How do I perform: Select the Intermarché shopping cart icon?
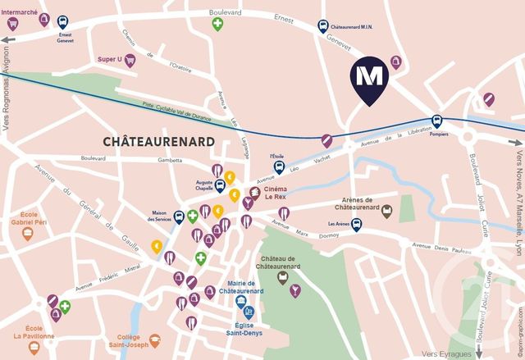coord(12,24)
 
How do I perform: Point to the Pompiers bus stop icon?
coord(438,121)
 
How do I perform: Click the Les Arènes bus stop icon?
coord(357,223)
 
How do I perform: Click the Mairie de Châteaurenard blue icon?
coord(243,301)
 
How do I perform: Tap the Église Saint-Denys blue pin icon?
coord(249,312)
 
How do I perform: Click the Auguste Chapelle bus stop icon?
coord(220,185)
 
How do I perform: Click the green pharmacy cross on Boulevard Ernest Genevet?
coord(217,25)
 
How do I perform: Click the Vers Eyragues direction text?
coord(446,353)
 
